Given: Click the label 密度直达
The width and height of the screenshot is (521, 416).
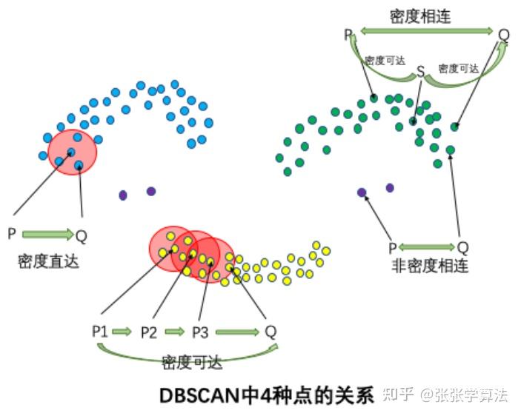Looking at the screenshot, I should pos(49,261).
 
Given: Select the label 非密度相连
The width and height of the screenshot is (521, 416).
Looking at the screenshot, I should pos(429,266).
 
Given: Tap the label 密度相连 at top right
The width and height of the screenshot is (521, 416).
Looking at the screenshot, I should pos(421,15).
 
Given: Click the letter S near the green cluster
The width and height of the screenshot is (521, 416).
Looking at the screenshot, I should pos(420,72).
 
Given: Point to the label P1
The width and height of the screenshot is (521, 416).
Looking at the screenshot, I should pos(100,331).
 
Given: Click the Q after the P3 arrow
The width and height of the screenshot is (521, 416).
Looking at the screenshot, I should pos(271,331).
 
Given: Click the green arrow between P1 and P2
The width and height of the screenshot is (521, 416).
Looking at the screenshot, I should pos(123,331).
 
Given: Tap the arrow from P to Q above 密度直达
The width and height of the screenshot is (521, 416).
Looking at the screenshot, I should pos(47,235).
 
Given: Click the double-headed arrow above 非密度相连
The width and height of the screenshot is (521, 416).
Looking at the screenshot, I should pos(426,246).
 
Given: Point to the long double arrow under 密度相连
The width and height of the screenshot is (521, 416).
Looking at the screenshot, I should pos(427,32).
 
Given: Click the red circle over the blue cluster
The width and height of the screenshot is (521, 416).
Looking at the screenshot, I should pos(73,152).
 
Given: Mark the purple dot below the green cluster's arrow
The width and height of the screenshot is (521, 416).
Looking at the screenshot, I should pos(362,192).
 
